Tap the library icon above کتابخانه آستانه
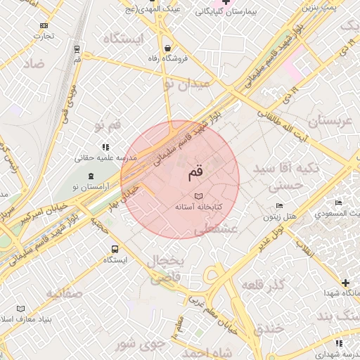(x=198, y=196)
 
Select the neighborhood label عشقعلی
(x=215, y=229)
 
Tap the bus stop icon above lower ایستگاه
(x=115, y=249)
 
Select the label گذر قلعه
(x=262, y=285)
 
